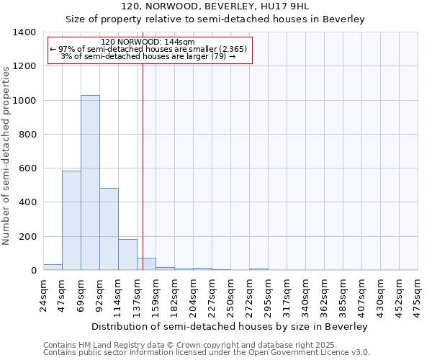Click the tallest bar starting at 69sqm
click(x=90, y=183)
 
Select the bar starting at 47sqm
click(x=71, y=220)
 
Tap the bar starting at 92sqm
click(x=109, y=229)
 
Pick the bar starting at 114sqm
click(x=127, y=255)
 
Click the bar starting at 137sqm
click(x=146, y=264)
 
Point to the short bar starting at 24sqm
click(x=53, y=267)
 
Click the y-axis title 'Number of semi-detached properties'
click(x=8, y=155)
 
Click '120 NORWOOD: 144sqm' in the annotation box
click(x=148, y=42)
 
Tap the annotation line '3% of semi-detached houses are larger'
click(x=148, y=56)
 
